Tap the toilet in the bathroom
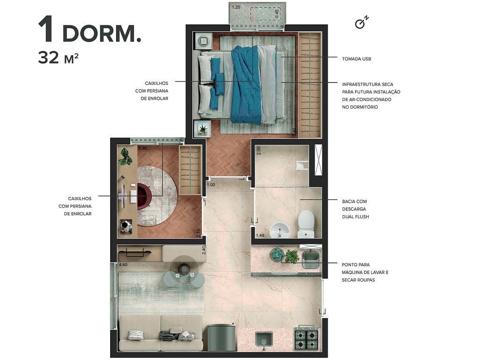306,223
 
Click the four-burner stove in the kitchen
305,338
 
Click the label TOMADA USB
356,59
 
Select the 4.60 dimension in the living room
123,265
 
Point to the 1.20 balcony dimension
236,7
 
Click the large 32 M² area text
58,58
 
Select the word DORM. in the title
101,33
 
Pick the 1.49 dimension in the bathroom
260,235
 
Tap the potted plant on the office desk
125,156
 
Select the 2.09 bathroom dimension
259,151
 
